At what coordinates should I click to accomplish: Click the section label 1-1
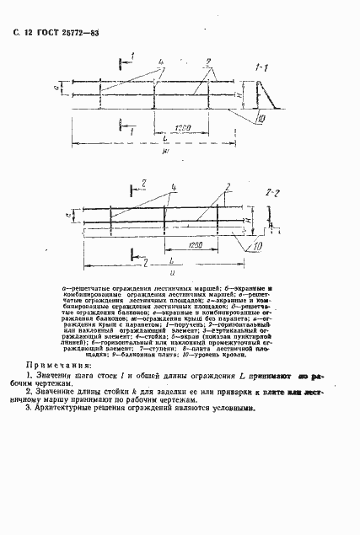coord(261,65)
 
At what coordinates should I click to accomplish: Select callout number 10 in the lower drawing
coord(256,246)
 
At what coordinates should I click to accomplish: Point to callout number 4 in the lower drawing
coord(173,185)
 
